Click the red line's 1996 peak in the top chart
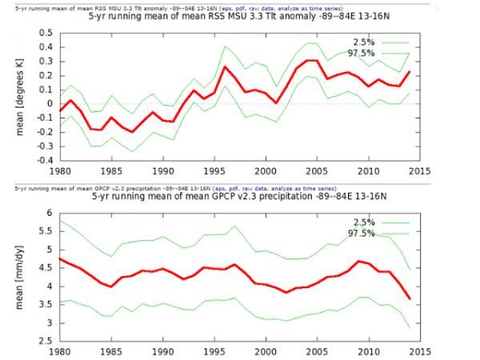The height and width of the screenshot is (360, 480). [225, 67]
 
